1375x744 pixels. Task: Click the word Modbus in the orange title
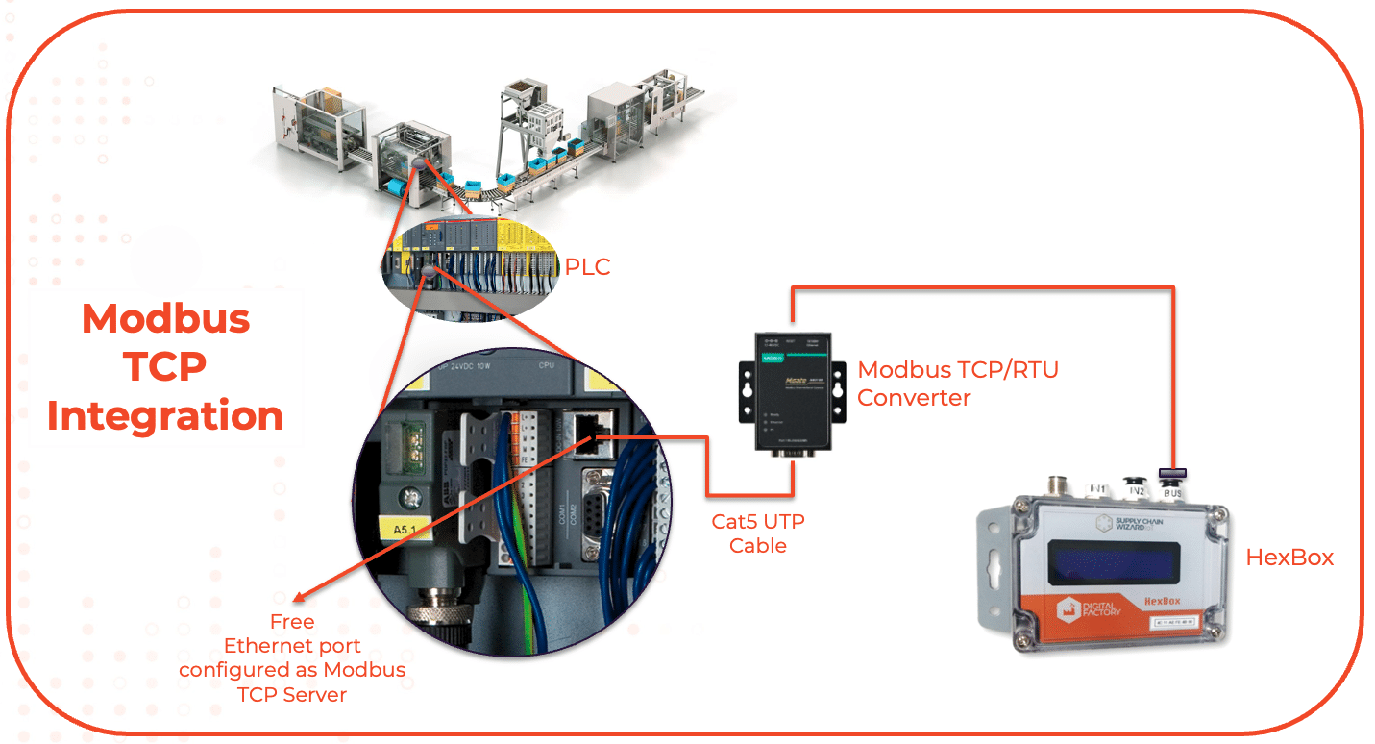point(166,318)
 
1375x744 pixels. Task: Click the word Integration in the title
point(165,416)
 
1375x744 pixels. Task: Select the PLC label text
point(587,266)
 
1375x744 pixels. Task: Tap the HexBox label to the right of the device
point(1289,557)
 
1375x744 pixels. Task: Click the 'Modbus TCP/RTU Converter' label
point(957,383)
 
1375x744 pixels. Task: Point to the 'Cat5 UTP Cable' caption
point(758,533)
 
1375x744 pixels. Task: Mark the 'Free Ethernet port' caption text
point(292,657)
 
